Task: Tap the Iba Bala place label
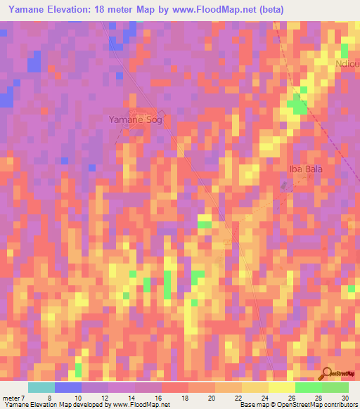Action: [x=307, y=169]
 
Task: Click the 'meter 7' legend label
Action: [x=13, y=398]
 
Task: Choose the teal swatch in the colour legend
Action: [x=41, y=387]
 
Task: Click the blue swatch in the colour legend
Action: [x=68, y=387]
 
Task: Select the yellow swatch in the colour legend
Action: [x=281, y=387]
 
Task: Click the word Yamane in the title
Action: [x=25, y=8]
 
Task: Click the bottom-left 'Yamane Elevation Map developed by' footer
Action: [x=56, y=405]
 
